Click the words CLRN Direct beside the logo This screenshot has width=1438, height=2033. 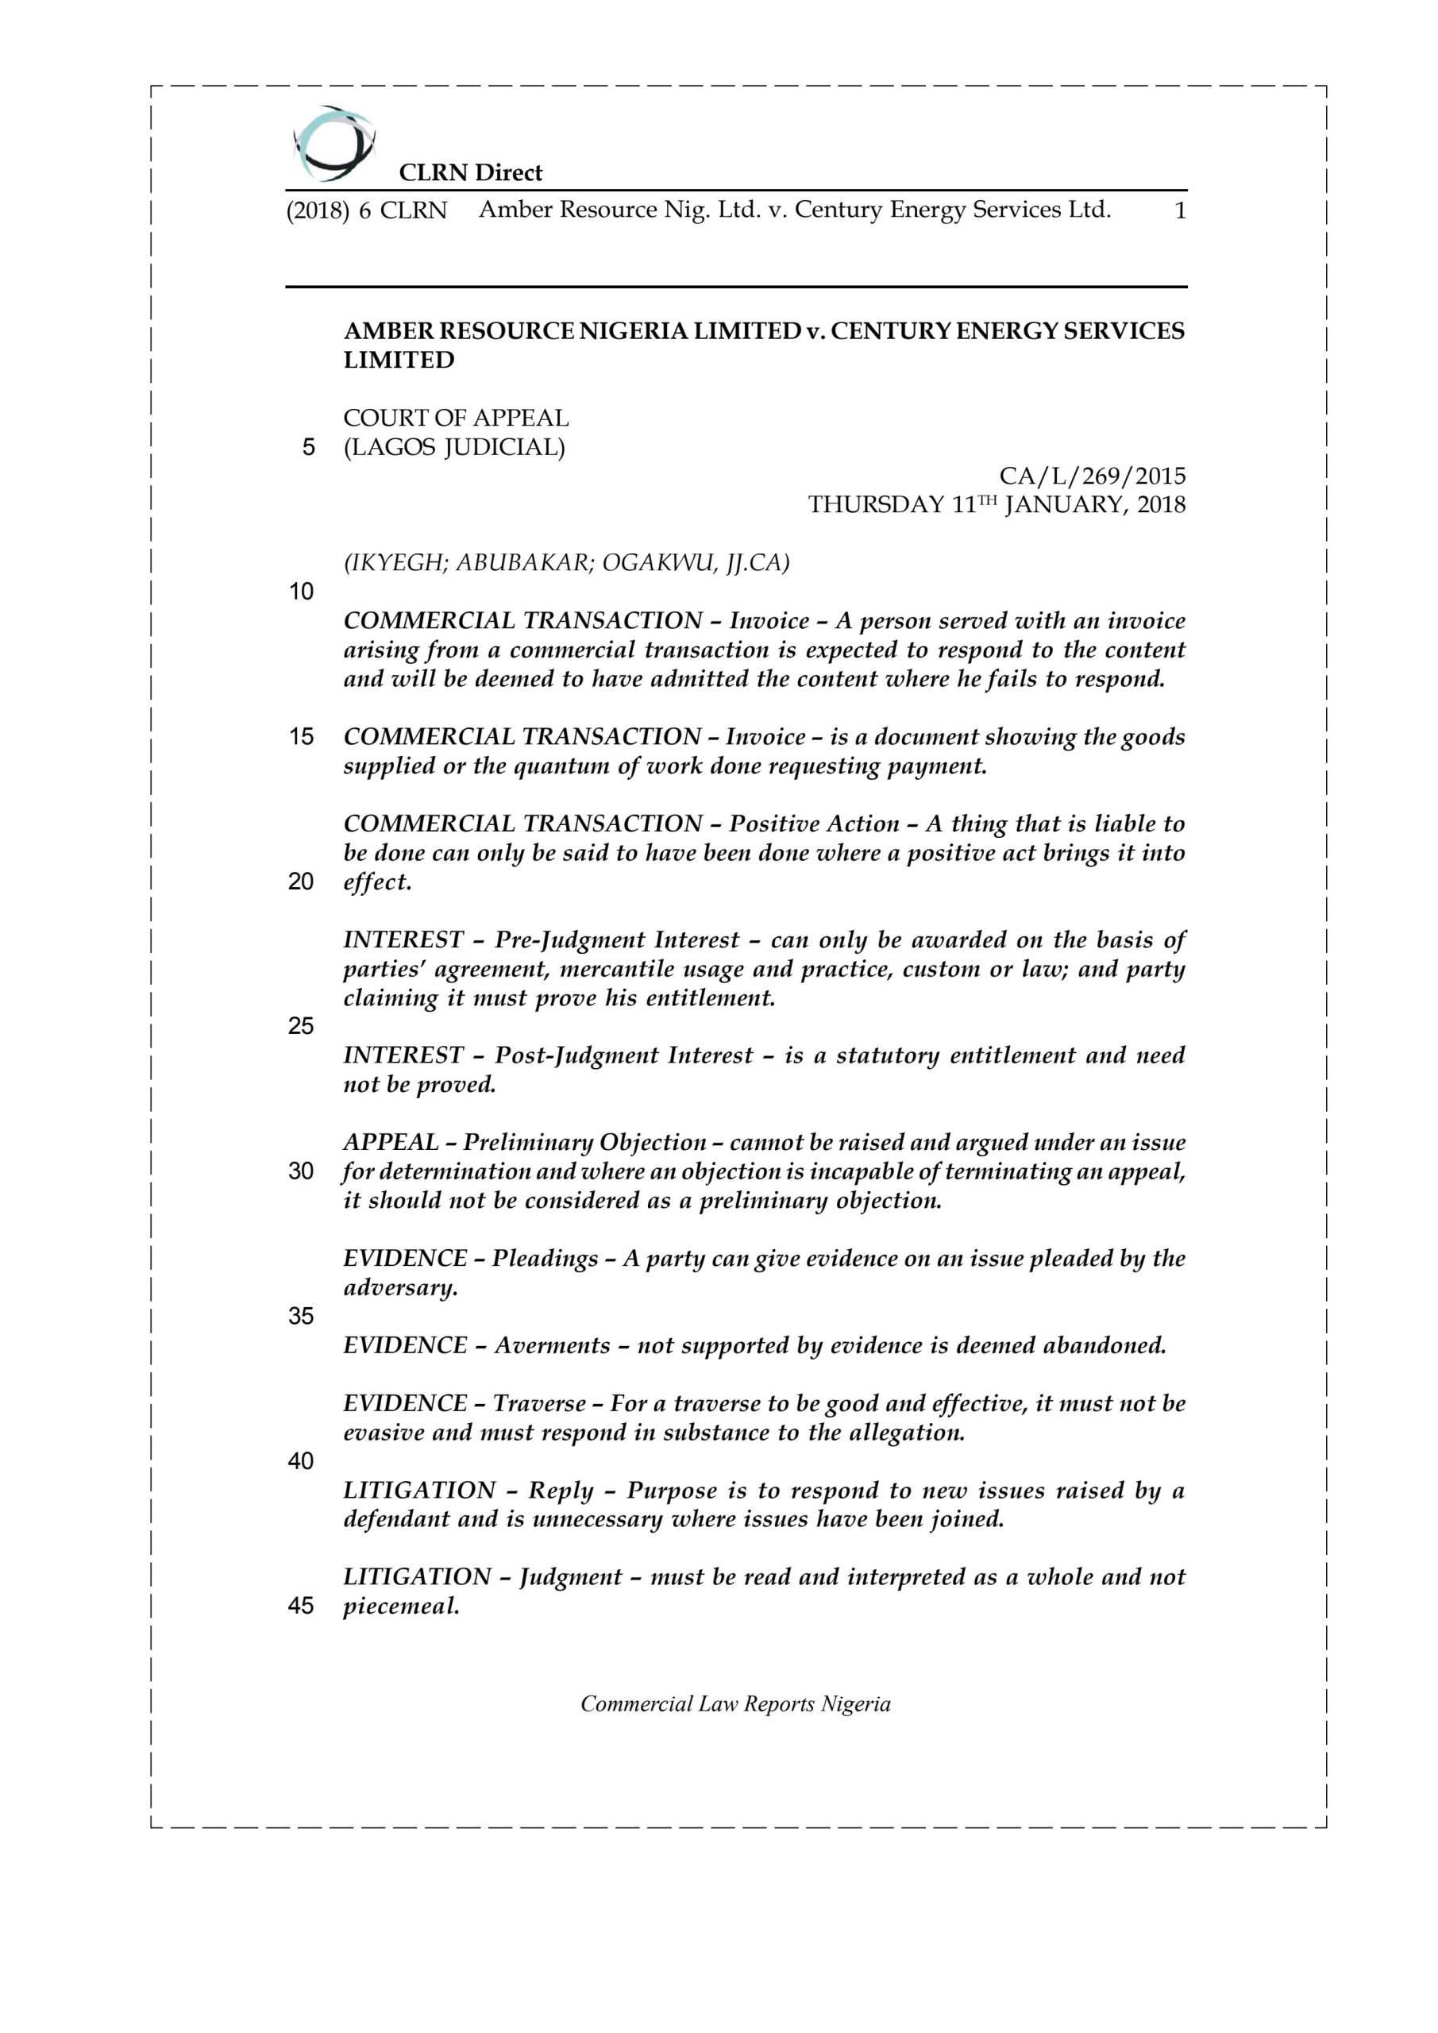click(x=470, y=172)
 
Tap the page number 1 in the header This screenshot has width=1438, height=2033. click(x=1179, y=210)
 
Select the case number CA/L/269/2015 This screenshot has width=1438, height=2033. click(x=1092, y=476)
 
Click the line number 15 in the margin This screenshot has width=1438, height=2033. click(x=301, y=737)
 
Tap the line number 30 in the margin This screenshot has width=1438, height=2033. click(x=301, y=1171)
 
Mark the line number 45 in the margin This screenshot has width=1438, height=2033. click(x=301, y=1607)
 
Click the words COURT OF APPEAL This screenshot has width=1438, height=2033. click(x=456, y=418)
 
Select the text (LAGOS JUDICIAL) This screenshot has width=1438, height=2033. click(x=454, y=447)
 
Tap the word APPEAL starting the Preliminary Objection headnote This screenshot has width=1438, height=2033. click(x=391, y=1143)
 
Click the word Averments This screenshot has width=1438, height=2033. click(x=552, y=1346)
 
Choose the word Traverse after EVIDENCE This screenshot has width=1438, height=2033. click(x=538, y=1403)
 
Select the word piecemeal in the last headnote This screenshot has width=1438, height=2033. click(x=401, y=1607)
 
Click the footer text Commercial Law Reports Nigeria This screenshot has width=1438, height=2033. click(x=735, y=1704)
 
